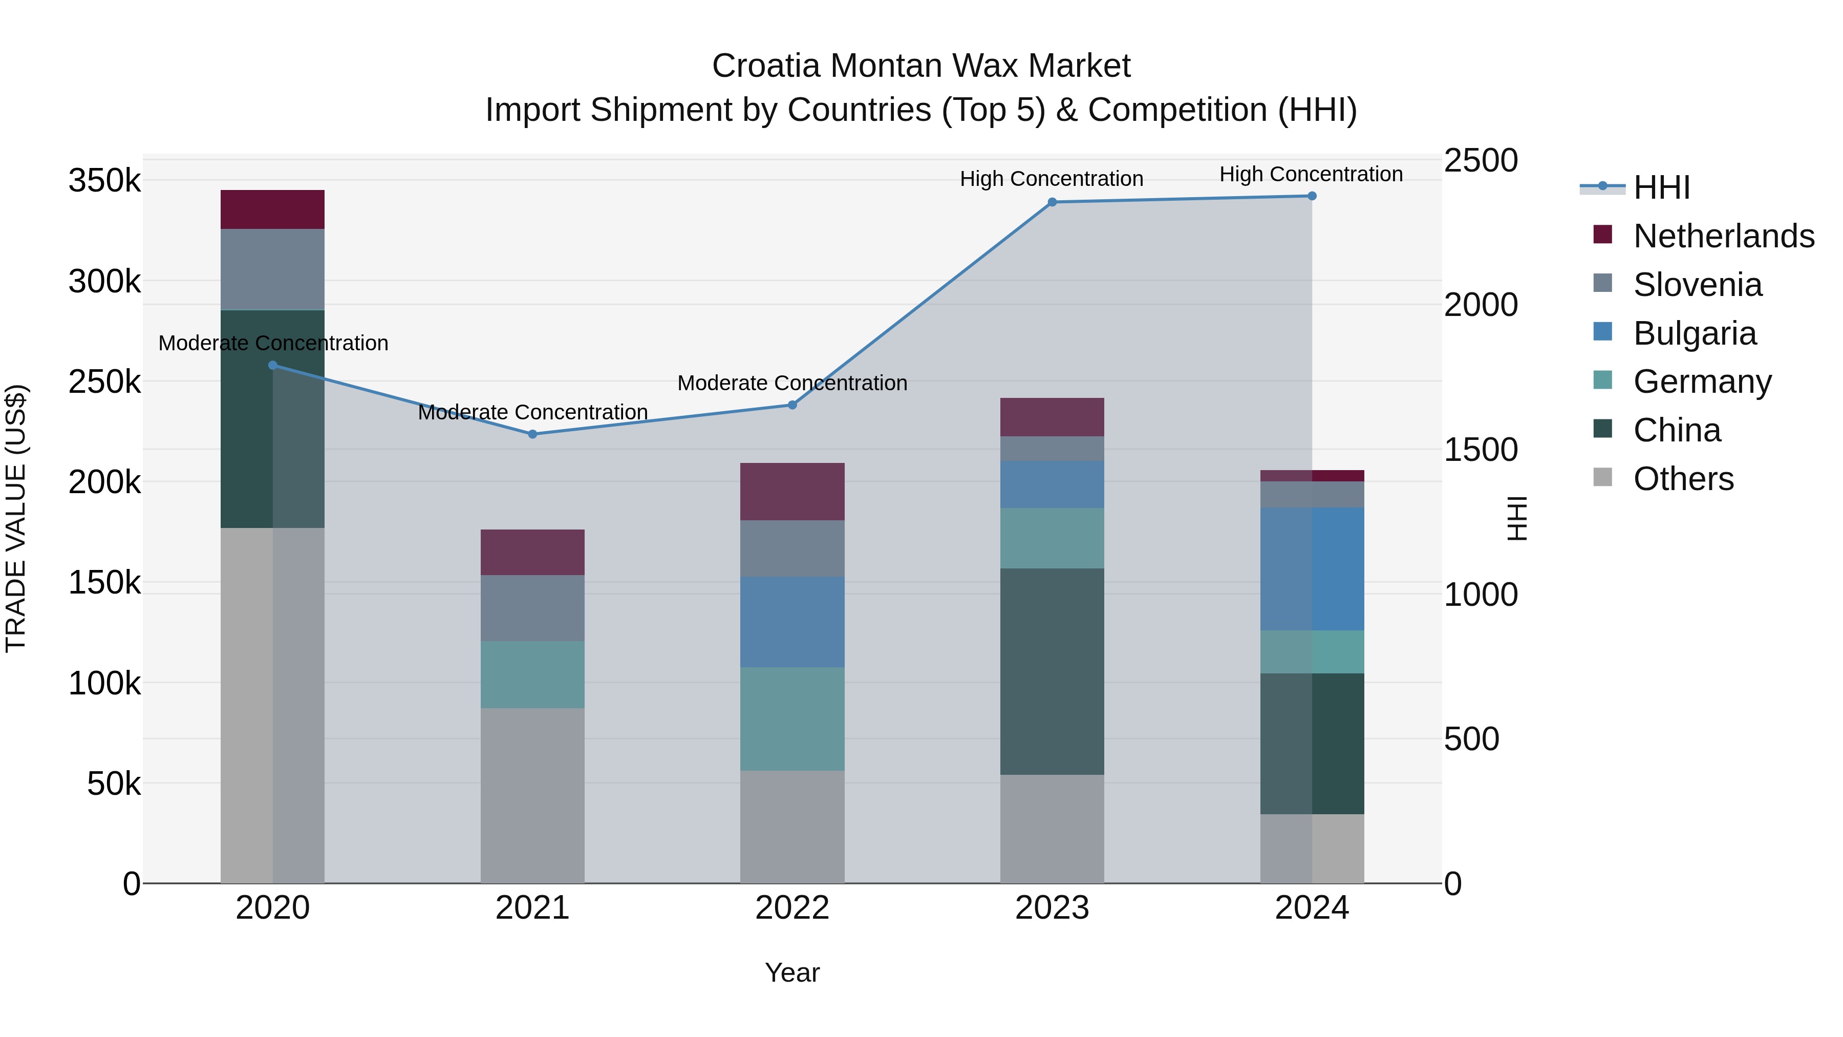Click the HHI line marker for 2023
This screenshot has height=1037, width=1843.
coord(1052,202)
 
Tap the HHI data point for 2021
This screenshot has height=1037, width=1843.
coord(532,434)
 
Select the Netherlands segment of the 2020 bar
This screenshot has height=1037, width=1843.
coord(272,209)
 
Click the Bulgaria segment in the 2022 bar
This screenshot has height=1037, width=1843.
coord(792,621)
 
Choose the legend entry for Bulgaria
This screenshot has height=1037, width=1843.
coord(1694,333)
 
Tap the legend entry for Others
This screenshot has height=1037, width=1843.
coord(1682,479)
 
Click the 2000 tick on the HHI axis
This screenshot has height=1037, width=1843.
coord(1480,305)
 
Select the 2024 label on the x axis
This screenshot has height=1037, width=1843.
coord(1312,908)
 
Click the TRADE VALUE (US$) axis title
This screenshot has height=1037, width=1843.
coord(16,518)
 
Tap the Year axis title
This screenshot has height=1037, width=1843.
coord(792,972)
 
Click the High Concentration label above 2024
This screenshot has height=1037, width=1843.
coord(1311,174)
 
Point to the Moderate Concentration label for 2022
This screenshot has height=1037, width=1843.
coord(792,383)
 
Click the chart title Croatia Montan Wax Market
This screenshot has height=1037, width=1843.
coord(921,66)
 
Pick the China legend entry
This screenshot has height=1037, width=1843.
coord(1676,430)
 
